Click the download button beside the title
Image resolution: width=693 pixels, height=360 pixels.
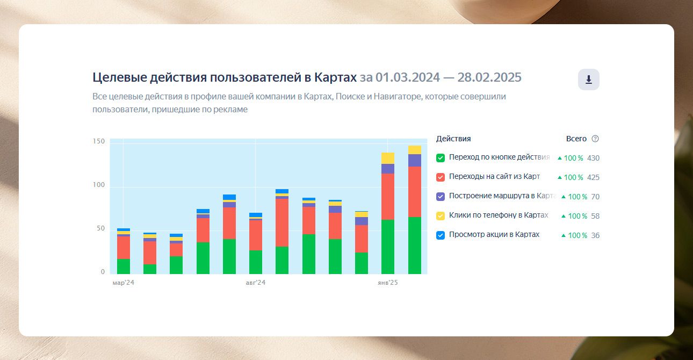tap(588, 80)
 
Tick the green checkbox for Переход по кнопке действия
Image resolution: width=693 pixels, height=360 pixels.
tap(441, 158)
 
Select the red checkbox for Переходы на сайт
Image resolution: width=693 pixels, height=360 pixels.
tap(441, 177)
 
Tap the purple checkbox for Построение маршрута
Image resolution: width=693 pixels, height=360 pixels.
tap(441, 197)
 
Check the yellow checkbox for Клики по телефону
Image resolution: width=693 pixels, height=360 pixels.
tap(441, 216)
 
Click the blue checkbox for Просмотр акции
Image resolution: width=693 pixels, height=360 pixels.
tap(441, 235)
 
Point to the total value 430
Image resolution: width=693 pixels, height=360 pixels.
tap(593, 158)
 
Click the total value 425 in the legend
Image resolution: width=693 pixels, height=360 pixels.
tap(593, 177)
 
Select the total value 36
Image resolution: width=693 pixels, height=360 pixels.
tap(595, 235)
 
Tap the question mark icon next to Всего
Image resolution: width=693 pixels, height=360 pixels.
tap(595, 139)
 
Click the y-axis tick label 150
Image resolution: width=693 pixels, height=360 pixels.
tap(99, 141)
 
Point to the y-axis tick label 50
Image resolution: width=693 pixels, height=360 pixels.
tap(100, 229)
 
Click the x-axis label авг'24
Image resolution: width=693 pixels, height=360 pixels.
tap(256, 283)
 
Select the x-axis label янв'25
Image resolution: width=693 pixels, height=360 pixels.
tap(387, 283)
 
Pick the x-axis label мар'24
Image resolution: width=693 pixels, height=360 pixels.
tap(123, 283)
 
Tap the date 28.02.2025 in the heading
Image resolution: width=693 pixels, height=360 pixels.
tap(489, 77)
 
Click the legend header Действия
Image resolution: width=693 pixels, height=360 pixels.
tap(453, 139)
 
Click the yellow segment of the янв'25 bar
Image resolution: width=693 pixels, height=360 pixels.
tap(388, 158)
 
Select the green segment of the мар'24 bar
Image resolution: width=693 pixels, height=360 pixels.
tap(124, 267)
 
